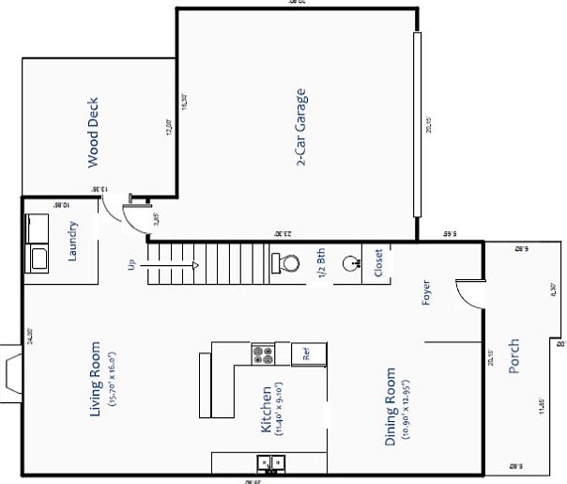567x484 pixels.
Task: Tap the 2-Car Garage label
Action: tap(301, 128)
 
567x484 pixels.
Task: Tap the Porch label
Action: tap(513, 356)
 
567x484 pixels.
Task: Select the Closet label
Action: tap(378, 264)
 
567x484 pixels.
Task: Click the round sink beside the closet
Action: tap(352, 263)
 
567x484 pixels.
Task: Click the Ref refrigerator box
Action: tap(306, 353)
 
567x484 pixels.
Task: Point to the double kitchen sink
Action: tap(271, 463)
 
